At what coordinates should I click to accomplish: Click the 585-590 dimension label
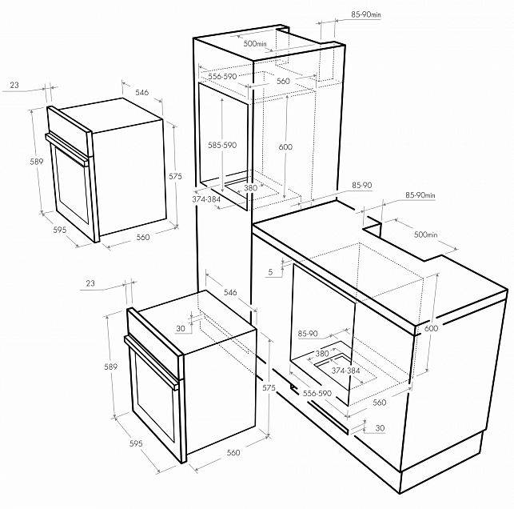222,145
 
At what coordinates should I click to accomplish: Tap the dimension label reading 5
270,272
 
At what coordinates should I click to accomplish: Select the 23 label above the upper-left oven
14,85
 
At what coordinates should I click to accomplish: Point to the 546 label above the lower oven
230,292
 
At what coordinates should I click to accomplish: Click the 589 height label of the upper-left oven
37,162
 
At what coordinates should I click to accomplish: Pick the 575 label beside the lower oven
269,388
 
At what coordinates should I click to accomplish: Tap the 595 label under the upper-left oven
60,230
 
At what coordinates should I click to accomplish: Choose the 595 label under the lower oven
136,443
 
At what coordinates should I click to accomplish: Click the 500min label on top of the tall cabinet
255,43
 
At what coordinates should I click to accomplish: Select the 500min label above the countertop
426,234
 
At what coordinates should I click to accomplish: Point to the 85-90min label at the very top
366,14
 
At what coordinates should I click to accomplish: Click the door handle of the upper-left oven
67,150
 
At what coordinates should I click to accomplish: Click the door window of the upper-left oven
72,186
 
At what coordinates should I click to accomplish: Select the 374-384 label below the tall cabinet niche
206,199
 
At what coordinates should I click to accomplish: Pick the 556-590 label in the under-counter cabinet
317,393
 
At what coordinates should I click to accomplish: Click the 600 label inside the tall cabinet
285,146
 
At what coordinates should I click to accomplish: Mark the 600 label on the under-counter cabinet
431,328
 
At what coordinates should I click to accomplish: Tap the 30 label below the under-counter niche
380,428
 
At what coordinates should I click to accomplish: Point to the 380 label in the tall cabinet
251,188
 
